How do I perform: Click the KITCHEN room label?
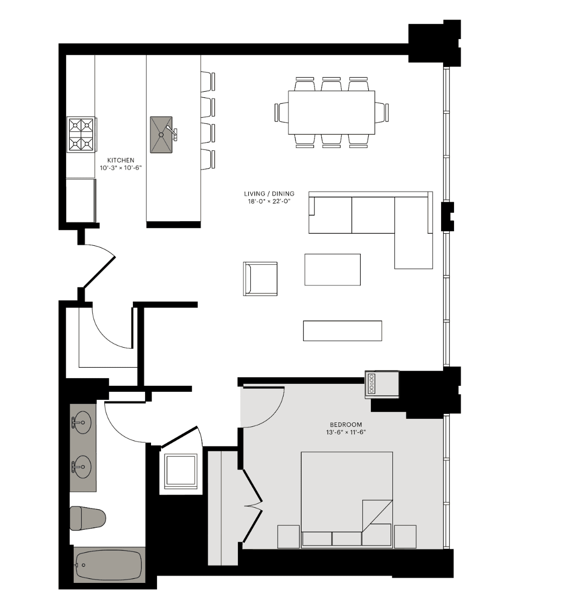point(121,161)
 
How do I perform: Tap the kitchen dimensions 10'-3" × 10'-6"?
point(121,168)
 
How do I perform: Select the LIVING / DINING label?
point(269,194)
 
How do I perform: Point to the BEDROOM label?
point(346,424)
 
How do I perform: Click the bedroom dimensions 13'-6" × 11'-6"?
point(346,432)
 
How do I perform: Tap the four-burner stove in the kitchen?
point(81,134)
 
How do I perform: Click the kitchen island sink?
point(162,134)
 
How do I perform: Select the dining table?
point(332,112)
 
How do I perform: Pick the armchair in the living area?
point(260,279)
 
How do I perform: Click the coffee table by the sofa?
point(332,269)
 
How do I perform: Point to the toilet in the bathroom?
point(87,518)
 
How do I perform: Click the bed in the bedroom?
point(347,500)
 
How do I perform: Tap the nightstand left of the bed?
point(289,537)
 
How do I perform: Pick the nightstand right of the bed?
point(405,537)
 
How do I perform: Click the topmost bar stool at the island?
point(208,82)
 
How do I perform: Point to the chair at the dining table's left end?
point(282,112)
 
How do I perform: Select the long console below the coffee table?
point(342,331)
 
